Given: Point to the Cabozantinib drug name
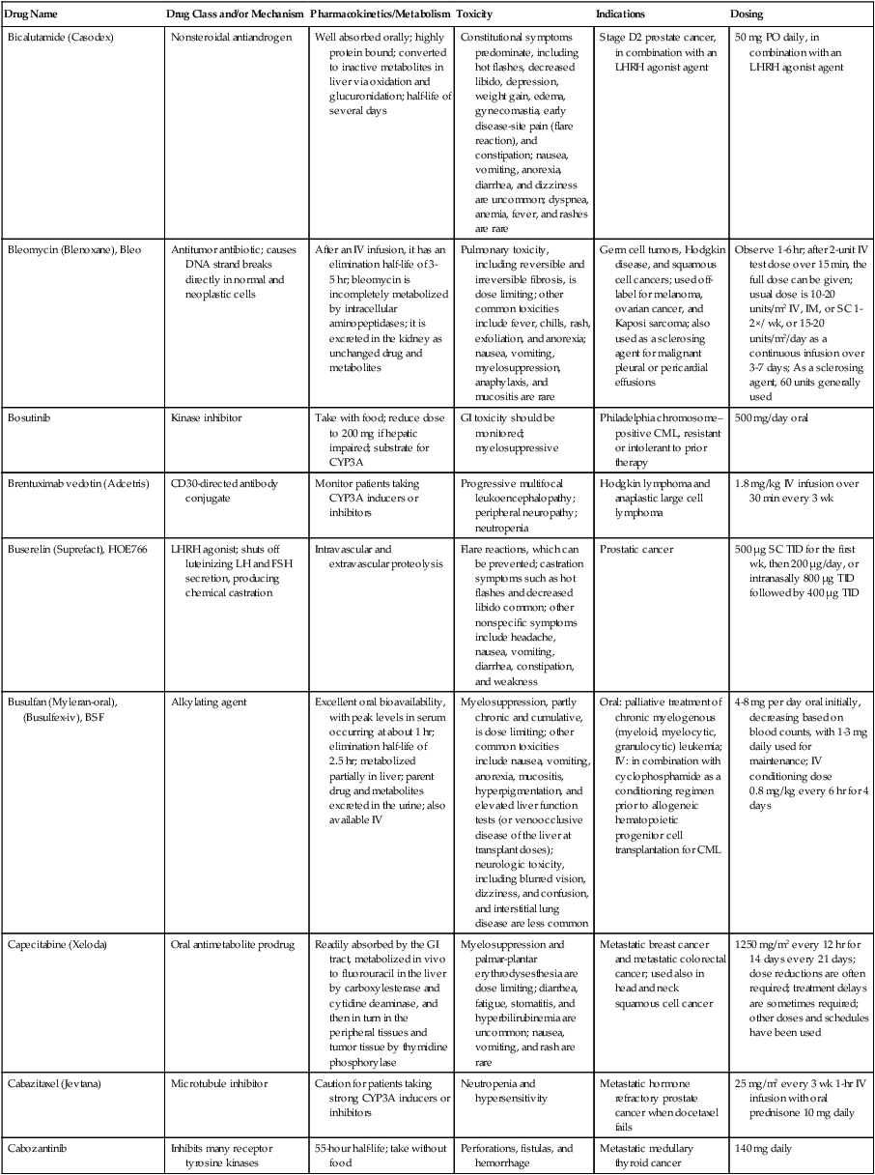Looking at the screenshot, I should [x=38, y=1143].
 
